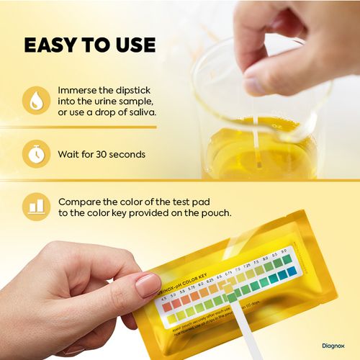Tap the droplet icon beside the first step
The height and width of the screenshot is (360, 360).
[34, 102]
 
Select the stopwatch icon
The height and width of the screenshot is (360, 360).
[34, 153]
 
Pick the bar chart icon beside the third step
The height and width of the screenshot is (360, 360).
[34, 206]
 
